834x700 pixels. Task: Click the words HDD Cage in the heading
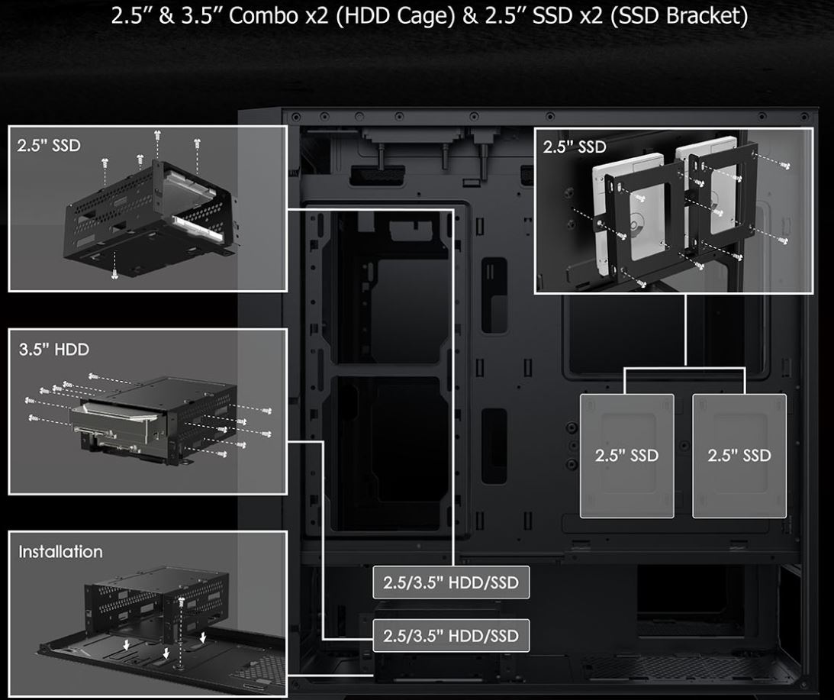(398, 15)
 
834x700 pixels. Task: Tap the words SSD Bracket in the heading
(678, 15)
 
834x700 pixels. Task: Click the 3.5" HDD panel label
(53, 350)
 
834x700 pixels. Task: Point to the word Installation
(60, 552)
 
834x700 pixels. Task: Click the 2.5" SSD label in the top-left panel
(48, 145)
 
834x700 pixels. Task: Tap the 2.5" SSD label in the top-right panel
(575, 147)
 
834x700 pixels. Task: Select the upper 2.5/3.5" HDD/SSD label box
(451, 582)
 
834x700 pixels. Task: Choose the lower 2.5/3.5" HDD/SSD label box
(451, 636)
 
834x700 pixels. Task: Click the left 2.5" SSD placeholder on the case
(626, 456)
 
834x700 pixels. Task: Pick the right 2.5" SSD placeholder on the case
(739, 456)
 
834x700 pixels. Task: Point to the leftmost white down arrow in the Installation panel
(126, 645)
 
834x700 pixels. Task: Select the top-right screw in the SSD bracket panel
(784, 166)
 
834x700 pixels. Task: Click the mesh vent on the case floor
(686, 671)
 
